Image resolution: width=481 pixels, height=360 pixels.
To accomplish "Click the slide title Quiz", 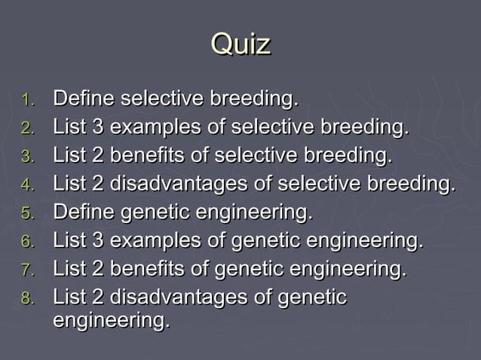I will (240, 44).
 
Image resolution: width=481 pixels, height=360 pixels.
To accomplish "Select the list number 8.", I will (28, 299).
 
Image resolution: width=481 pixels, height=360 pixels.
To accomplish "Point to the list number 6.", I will (28, 243).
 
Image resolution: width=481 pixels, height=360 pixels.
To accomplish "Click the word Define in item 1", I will (84, 99).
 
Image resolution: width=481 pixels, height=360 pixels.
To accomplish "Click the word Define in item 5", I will (84, 213).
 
